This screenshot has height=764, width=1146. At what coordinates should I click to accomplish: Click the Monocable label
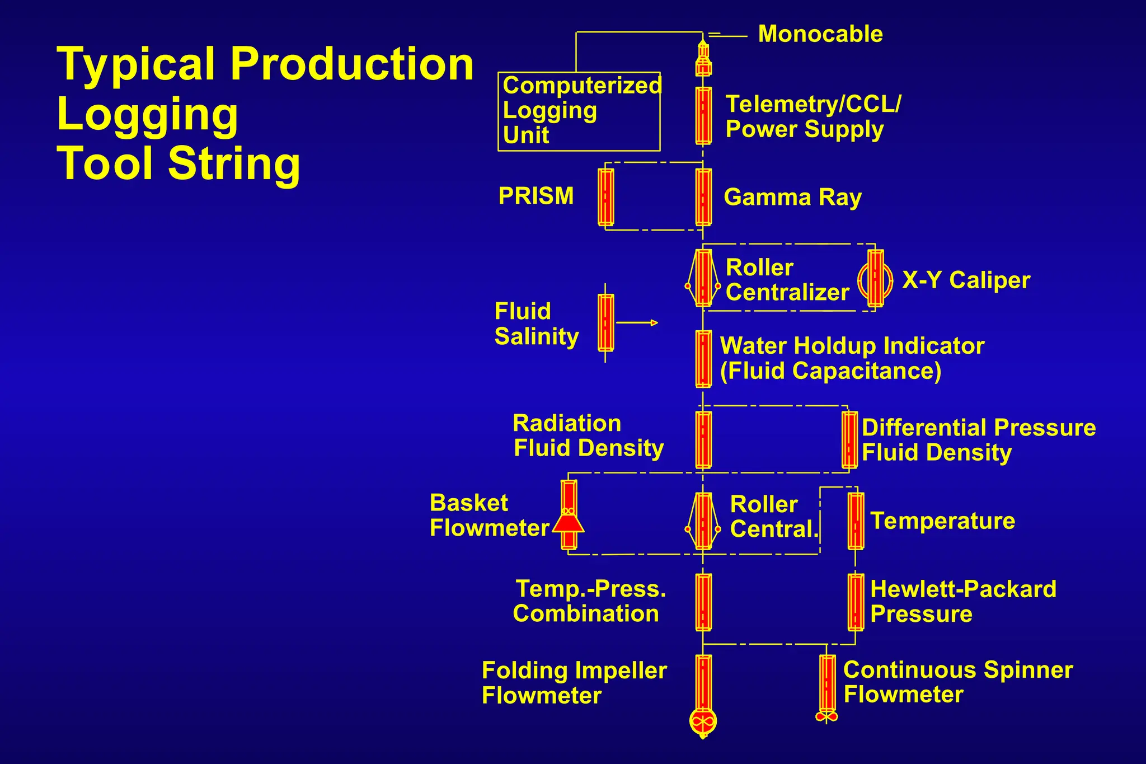820,35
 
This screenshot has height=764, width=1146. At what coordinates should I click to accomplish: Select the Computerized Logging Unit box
579,111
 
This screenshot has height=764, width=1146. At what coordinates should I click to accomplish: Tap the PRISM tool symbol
605,197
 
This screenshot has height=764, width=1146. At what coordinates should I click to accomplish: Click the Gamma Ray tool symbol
703,197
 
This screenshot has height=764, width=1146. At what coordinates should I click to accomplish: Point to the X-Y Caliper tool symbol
875,278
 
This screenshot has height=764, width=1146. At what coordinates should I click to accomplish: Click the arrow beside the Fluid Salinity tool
638,323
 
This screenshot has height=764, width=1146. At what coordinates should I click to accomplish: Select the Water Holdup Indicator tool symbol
703,359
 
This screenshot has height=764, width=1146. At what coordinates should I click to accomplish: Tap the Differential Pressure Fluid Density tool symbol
849,439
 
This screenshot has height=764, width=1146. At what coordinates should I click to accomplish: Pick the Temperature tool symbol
856,521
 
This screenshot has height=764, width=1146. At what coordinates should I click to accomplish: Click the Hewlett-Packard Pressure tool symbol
856,602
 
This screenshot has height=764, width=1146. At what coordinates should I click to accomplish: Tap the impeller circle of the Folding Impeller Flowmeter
703,722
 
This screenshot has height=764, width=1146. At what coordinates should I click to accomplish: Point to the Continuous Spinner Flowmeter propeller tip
826,716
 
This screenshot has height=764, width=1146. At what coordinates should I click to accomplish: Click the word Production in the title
352,64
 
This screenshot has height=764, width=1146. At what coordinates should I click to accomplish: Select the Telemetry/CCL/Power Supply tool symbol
703,116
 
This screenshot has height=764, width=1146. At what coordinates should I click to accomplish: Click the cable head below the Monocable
703,59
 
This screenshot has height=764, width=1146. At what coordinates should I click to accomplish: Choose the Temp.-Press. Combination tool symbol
703,602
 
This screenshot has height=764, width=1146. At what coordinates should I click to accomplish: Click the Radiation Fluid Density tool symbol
703,439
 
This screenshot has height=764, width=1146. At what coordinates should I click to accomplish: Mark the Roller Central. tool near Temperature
703,521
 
